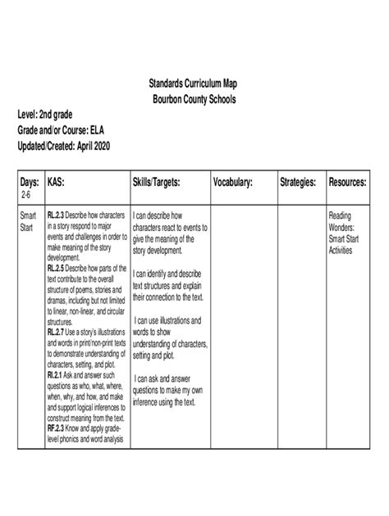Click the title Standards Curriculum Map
point(194,85)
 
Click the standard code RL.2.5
point(57,267)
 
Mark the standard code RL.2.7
point(57,333)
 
